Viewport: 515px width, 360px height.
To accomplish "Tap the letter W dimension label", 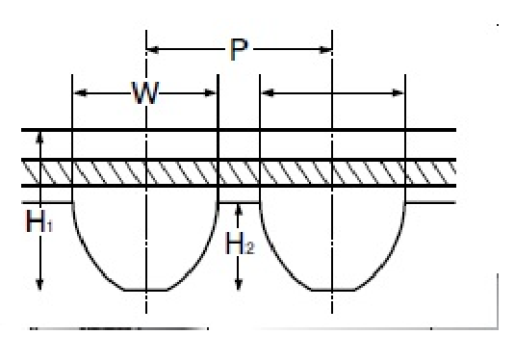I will tap(145, 93).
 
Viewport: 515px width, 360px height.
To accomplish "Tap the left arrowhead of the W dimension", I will tap(79, 93).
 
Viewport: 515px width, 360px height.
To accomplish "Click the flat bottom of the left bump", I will tap(145, 289).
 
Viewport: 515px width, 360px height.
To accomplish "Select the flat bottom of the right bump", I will tap(331, 289).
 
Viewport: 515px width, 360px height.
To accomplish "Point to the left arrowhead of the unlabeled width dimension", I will tap(267, 93).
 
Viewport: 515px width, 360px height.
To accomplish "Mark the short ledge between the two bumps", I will tap(240, 202).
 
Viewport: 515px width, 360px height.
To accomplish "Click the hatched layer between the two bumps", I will tap(240, 173).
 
